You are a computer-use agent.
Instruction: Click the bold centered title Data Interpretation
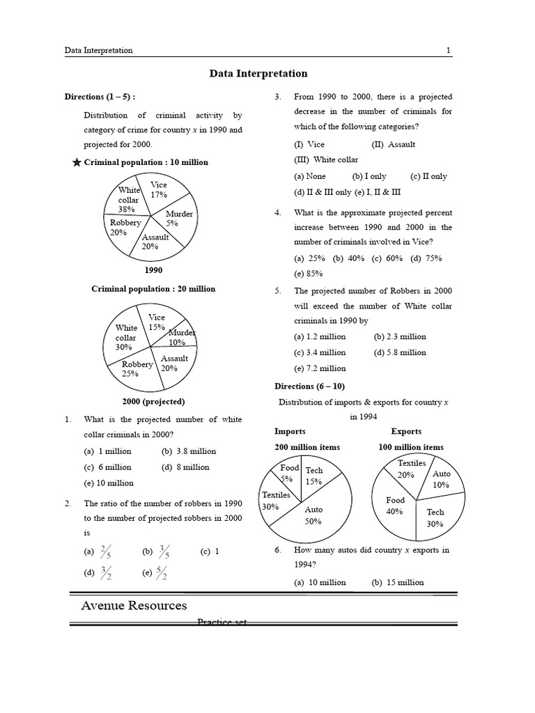point(258,73)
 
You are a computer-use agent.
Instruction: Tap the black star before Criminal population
point(77,162)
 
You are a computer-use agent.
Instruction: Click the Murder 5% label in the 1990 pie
point(179,219)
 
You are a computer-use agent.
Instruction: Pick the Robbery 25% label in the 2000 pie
point(137,368)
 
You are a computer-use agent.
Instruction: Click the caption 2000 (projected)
point(153,401)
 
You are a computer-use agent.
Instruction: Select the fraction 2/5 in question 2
point(105,552)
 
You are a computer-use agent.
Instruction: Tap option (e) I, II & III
point(377,192)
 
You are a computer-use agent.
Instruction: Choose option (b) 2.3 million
point(399,336)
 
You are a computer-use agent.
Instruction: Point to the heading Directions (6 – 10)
point(309,386)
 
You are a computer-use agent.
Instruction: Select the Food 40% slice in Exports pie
point(395,506)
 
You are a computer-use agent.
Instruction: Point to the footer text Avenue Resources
point(133,605)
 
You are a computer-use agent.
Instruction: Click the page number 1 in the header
point(449,50)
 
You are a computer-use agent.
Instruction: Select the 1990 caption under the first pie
point(153,270)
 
